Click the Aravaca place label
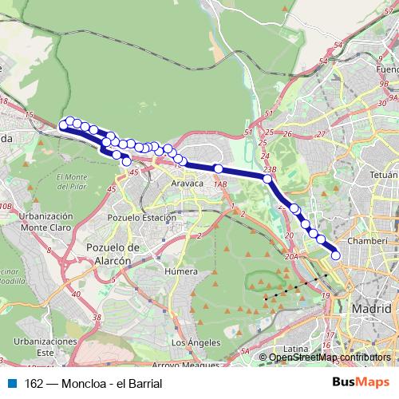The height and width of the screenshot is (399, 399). (x=188, y=184)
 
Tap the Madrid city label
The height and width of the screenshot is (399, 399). (x=373, y=309)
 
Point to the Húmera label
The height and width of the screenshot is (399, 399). (x=180, y=271)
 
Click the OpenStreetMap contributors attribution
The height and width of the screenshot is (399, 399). (x=330, y=357)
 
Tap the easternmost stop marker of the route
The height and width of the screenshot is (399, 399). (x=336, y=255)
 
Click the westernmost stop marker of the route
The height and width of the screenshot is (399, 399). (x=63, y=124)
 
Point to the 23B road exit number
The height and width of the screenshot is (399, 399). (x=268, y=170)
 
